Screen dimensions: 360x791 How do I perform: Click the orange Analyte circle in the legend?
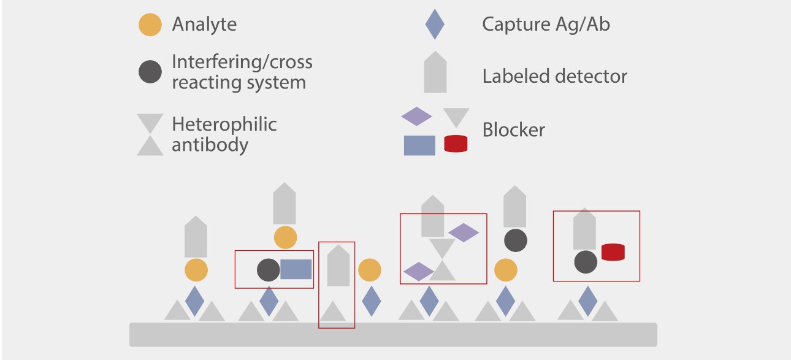pyautogui.click(x=150, y=25)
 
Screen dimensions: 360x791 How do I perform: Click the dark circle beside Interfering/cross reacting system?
pyautogui.click(x=150, y=71)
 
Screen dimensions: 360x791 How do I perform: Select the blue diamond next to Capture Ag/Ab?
pyautogui.click(x=435, y=25)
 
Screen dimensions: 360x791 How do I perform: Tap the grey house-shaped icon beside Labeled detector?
pyautogui.click(x=435, y=73)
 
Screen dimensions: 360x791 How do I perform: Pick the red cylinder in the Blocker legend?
pyautogui.click(x=456, y=144)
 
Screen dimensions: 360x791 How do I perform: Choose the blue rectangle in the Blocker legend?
pyautogui.click(x=419, y=145)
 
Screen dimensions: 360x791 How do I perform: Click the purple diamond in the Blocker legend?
pyautogui.click(x=416, y=116)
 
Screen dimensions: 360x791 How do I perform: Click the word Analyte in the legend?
pyautogui.click(x=204, y=25)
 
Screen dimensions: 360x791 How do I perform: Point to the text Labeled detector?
pyautogui.click(x=554, y=77)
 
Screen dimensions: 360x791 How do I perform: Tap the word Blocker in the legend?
pyautogui.click(x=513, y=130)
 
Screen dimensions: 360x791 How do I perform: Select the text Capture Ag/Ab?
pyautogui.click(x=546, y=25)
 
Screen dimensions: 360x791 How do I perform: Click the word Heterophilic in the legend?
pyautogui.click(x=224, y=124)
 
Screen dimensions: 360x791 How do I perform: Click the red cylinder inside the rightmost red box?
pyautogui.click(x=613, y=252)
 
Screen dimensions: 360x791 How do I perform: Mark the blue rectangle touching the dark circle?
pyautogui.click(x=296, y=269)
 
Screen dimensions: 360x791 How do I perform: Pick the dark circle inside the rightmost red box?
pyautogui.click(x=586, y=262)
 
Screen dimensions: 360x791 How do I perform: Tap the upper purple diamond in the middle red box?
pyautogui.click(x=464, y=232)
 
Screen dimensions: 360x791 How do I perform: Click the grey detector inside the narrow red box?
pyautogui.click(x=338, y=266)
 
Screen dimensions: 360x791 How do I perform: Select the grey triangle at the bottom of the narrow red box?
pyautogui.click(x=334, y=312)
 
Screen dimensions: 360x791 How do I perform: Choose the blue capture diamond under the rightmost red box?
pyautogui.click(x=588, y=301)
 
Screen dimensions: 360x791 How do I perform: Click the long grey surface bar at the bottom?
pyautogui.click(x=393, y=334)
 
